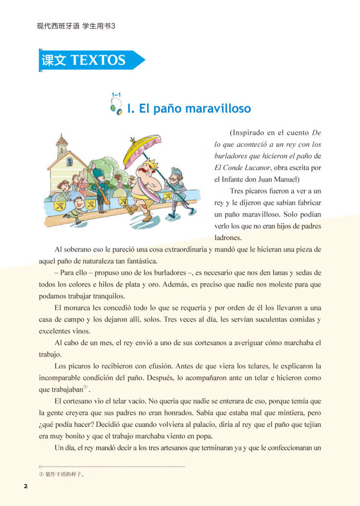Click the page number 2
point(25,486)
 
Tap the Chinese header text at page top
point(76,26)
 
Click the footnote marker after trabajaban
point(85,387)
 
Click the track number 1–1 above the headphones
point(116,94)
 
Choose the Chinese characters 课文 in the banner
point(54,60)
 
